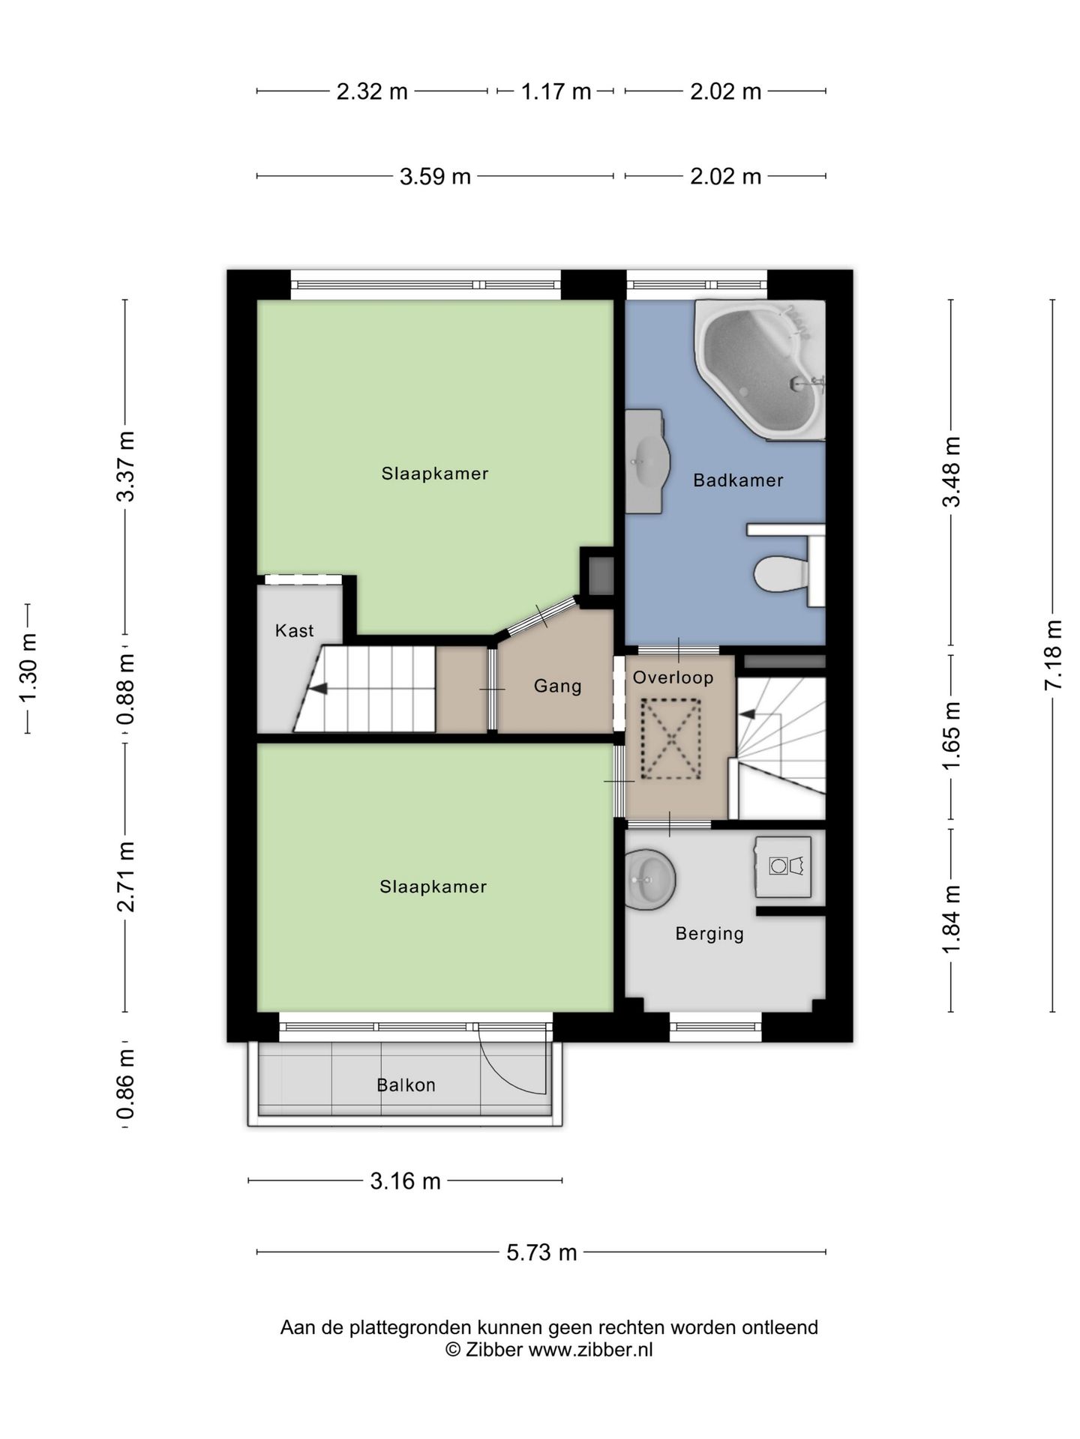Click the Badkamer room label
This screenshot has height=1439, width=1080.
[x=738, y=480]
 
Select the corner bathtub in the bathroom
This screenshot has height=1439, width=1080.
[x=760, y=369]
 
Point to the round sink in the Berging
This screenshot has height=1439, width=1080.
[x=650, y=878]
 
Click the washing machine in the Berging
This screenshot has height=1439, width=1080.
[x=783, y=866]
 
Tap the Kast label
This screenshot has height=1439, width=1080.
[x=294, y=631]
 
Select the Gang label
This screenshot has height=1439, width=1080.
[x=557, y=687]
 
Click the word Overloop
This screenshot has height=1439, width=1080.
[x=673, y=678]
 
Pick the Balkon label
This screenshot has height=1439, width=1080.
[x=406, y=1085]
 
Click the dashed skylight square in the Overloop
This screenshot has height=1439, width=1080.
[x=671, y=740]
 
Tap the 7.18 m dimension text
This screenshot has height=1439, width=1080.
[x=1053, y=655]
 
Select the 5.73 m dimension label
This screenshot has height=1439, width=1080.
[x=541, y=1252]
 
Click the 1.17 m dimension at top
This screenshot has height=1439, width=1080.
[x=556, y=91]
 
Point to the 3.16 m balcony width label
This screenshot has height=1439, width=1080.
[x=405, y=1181]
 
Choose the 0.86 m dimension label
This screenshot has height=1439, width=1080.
[x=126, y=1084]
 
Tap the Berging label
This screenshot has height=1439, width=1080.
[x=709, y=934]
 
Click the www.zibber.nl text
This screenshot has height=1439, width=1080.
[x=591, y=1350]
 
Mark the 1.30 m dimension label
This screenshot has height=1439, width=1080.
[x=28, y=669]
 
